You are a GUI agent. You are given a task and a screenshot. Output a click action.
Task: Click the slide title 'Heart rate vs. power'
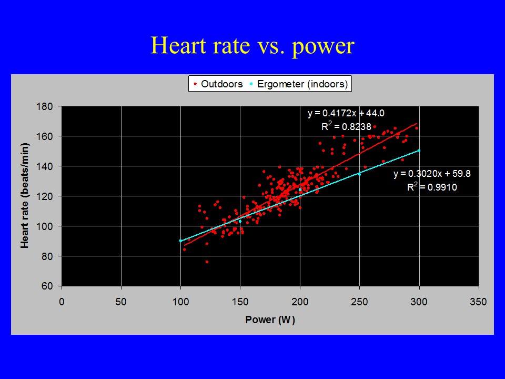(252, 46)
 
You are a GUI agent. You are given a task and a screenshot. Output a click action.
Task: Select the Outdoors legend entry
(218, 84)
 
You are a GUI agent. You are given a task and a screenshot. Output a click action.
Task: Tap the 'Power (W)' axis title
(270, 320)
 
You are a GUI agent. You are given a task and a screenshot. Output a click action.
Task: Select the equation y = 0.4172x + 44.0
(342, 113)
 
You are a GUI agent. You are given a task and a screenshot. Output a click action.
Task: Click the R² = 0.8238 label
(346, 126)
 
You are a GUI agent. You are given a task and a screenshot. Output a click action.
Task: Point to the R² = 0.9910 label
(431, 187)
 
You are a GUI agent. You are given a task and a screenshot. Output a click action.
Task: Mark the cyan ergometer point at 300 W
(419, 151)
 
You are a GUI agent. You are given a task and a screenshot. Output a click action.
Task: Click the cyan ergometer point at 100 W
(181, 241)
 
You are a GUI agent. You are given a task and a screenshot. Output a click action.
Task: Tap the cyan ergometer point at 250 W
(359, 174)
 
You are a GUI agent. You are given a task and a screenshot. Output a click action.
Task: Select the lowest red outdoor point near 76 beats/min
(207, 262)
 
